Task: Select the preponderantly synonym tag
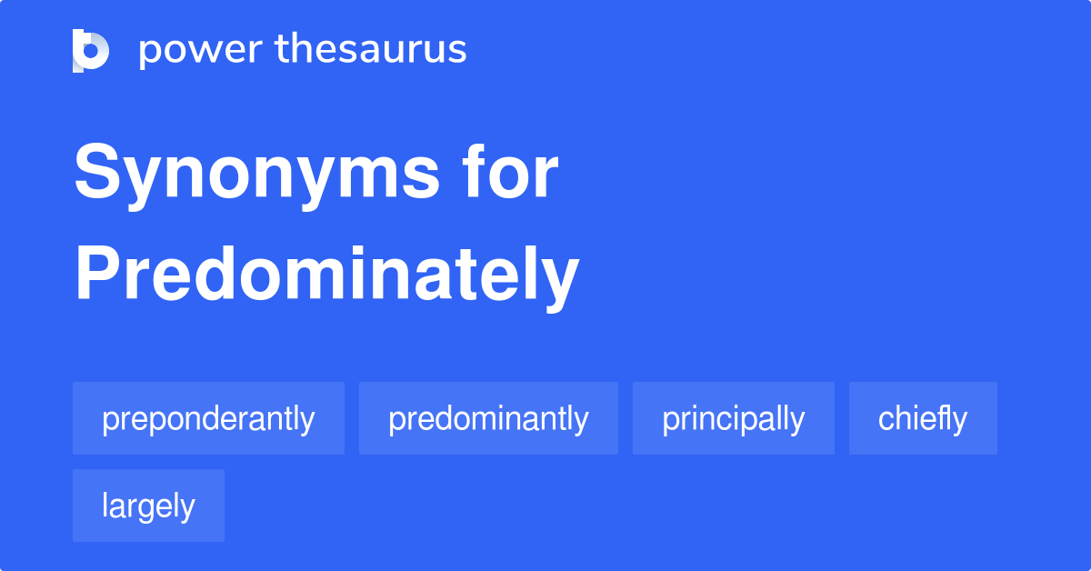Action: click(x=208, y=418)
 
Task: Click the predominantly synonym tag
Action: click(x=488, y=418)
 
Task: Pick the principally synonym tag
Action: click(x=733, y=418)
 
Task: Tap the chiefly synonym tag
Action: click(x=923, y=418)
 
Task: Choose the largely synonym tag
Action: click(x=148, y=506)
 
